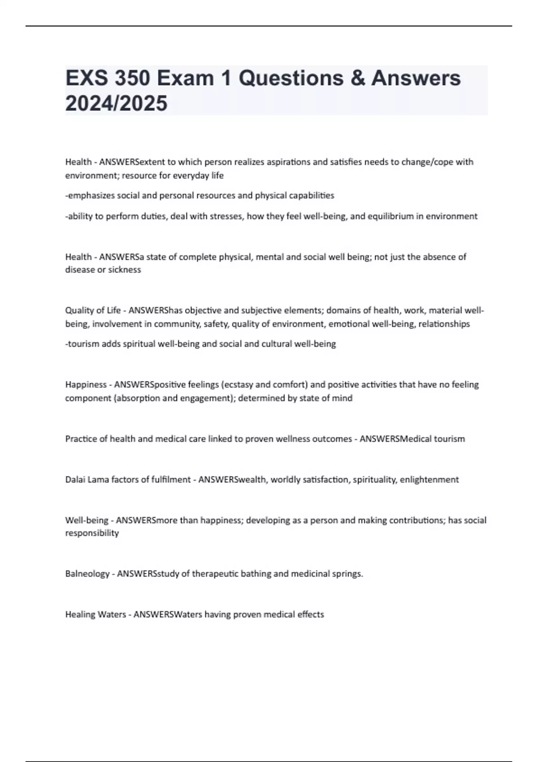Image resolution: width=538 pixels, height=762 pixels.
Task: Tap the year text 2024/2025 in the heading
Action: pyautogui.click(x=116, y=104)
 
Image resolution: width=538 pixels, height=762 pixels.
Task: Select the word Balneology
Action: pyautogui.click(x=87, y=574)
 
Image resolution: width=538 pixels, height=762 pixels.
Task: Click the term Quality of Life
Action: pyautogui.click(x=93, y=310)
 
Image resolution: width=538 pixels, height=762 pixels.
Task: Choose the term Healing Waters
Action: pyautogui.click(x=95, y=615)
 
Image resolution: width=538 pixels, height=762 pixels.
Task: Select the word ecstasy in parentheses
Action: pyautogui.click(x=239, y=385)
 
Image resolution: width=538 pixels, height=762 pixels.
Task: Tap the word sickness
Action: pyautogui.click(x=124, y=270)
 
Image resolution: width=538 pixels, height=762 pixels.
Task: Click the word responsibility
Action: pyautogui.click(x=92, y=533)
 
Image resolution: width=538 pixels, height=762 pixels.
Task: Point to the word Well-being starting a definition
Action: pyautogui.click(x=87, y=520)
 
